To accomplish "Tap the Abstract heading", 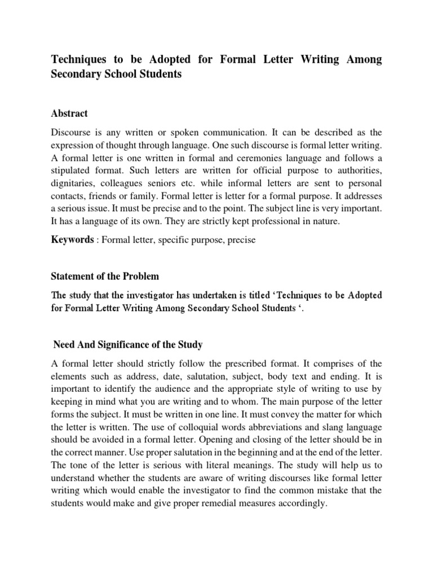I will pyautogui.click(x=69, y=113).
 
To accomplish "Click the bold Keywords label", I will pyautogui.click(x=72, y=240).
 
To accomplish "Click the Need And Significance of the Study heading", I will pyautogui.click(x=127, y=344).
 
